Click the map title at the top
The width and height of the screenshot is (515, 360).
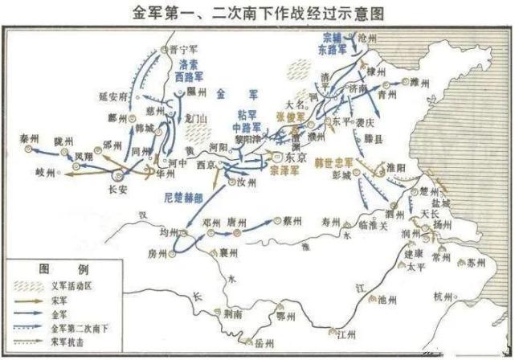[257, 12]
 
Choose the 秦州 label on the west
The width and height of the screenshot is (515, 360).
[31, 138]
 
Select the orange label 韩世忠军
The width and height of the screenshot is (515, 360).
[335, 160]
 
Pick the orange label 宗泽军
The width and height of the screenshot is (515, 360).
[284, 171]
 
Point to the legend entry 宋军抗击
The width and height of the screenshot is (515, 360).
[69, 342]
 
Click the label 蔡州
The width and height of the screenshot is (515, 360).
[291, 219]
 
